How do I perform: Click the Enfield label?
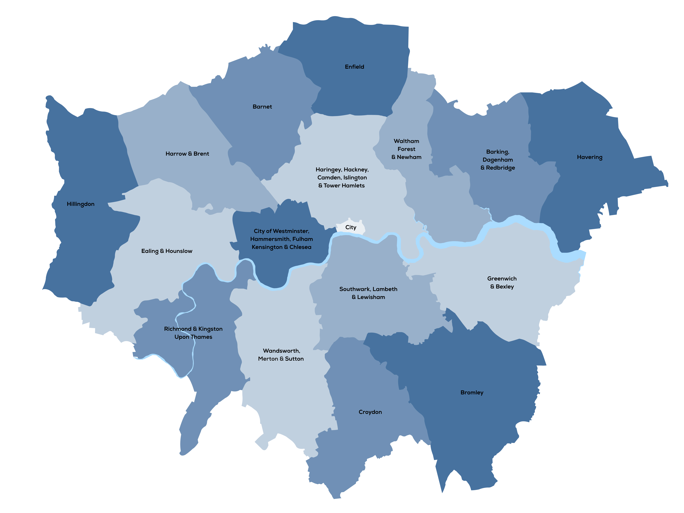(354, 67)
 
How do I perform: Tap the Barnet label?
(262, 107)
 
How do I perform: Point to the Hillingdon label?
(80, 204)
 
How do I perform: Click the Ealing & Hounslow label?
(167, 251)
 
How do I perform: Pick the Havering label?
(589, 157)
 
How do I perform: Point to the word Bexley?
(505, 287)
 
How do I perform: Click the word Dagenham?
(498, 160)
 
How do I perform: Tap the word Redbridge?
(500, 168)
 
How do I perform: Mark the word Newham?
(409, 157)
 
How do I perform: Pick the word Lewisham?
(371, 297)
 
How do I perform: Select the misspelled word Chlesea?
(300, 247)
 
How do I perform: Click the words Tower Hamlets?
(344, 186)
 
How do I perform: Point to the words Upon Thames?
(193, 337)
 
